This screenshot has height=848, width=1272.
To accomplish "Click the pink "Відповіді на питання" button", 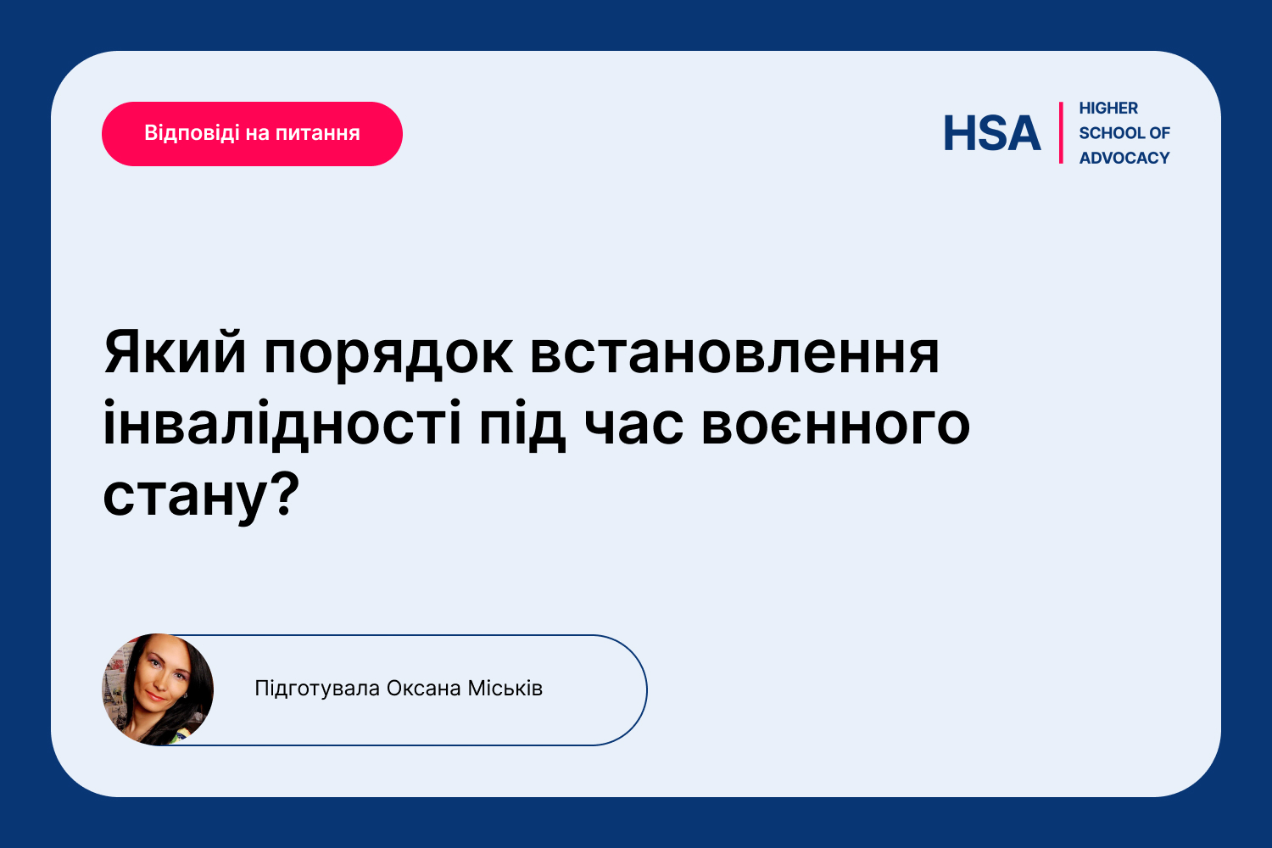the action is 252,134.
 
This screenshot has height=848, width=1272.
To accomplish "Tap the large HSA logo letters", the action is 992,133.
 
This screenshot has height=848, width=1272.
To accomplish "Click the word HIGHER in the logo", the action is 1107,108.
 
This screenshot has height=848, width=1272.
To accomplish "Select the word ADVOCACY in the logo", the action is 1124,158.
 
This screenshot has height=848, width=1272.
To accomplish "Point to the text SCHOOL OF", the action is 1124,133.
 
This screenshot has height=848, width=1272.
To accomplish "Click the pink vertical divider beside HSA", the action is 1061,133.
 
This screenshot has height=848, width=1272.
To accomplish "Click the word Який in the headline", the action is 175,353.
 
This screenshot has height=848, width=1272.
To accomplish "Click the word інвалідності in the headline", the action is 282,424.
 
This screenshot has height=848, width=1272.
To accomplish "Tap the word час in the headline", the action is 633,426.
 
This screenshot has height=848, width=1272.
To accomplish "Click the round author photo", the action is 158,689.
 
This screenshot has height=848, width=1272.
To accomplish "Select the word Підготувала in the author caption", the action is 317,689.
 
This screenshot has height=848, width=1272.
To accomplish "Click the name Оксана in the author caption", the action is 424,689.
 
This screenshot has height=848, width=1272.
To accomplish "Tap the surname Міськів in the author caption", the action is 505,689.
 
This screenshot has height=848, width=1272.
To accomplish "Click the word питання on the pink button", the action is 318,134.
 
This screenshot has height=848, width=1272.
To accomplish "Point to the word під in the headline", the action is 522,426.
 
